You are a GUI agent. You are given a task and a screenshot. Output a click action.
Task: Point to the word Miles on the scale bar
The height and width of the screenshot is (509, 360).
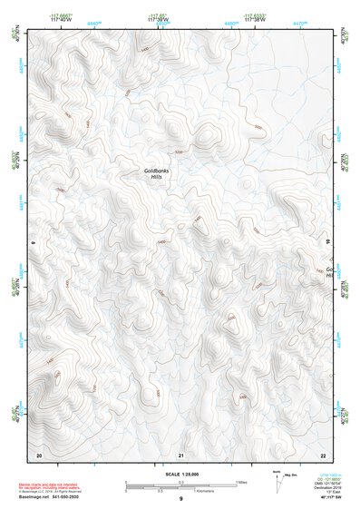tap(241, 481)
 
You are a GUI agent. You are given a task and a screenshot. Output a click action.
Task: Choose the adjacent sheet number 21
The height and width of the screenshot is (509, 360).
tap(181, 454)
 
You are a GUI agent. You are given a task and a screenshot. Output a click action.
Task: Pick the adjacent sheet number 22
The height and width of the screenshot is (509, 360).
tap(323, 454)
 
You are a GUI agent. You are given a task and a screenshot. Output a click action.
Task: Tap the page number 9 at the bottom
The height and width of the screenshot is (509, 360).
tap(181, 499)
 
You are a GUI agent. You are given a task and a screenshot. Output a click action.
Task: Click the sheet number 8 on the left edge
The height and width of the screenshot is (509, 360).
tap(32, 242)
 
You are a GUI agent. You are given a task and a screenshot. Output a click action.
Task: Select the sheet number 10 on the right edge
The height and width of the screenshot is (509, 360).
tap(328, 242)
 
